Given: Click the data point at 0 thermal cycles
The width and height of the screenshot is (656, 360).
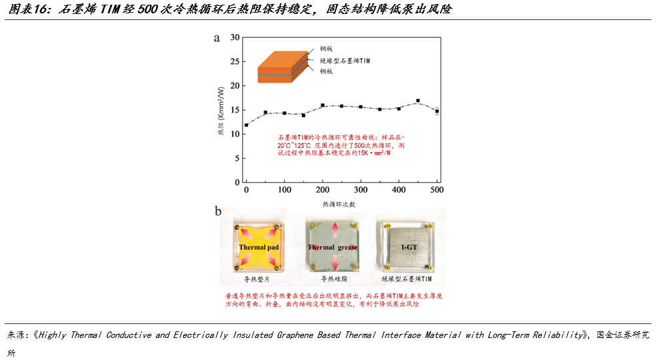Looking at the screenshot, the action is pyautogui.click(x=247, y=125).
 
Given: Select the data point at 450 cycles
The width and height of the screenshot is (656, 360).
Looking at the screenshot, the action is pyautogui.click(x=418, y=101).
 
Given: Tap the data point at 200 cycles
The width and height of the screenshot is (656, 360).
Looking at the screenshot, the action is pyautogui.click(x=323, y=105).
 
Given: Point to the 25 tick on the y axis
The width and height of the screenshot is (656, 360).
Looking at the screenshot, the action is pyautogui.click(x=235, y=61).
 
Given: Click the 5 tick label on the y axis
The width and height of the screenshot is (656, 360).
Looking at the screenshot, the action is pyautogui.click(x=237, y=158).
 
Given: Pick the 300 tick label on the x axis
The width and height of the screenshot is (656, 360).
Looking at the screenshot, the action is pyautogui.click(x=361, y=189).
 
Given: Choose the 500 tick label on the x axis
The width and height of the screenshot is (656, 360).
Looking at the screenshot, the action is pyautogui.click(x=437, y=189).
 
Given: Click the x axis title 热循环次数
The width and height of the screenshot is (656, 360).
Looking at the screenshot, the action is pyautogui.click(x=339, y=204).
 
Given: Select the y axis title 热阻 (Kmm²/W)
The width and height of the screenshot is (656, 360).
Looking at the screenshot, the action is pyautogui.click(x=221, y=111).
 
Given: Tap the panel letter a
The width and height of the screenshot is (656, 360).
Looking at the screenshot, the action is pyautogui.click(x=217, y=39).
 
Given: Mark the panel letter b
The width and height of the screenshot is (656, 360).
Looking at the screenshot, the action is pyautogui.click(x=218, y=211).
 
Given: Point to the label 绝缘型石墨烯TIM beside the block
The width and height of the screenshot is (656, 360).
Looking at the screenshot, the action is pyautogui.click(x=345, y=61).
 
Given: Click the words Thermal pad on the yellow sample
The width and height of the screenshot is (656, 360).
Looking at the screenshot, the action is pyautogui.click(x=259, y=247).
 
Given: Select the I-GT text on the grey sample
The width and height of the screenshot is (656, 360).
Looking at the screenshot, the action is pyautogui.click(x=409, y=247).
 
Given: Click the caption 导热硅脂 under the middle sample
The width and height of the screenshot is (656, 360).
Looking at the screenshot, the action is pyautogui.click(x=334, y=279).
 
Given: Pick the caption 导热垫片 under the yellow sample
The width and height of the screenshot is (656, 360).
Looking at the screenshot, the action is pyautogui.click(x=257, y=279).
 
